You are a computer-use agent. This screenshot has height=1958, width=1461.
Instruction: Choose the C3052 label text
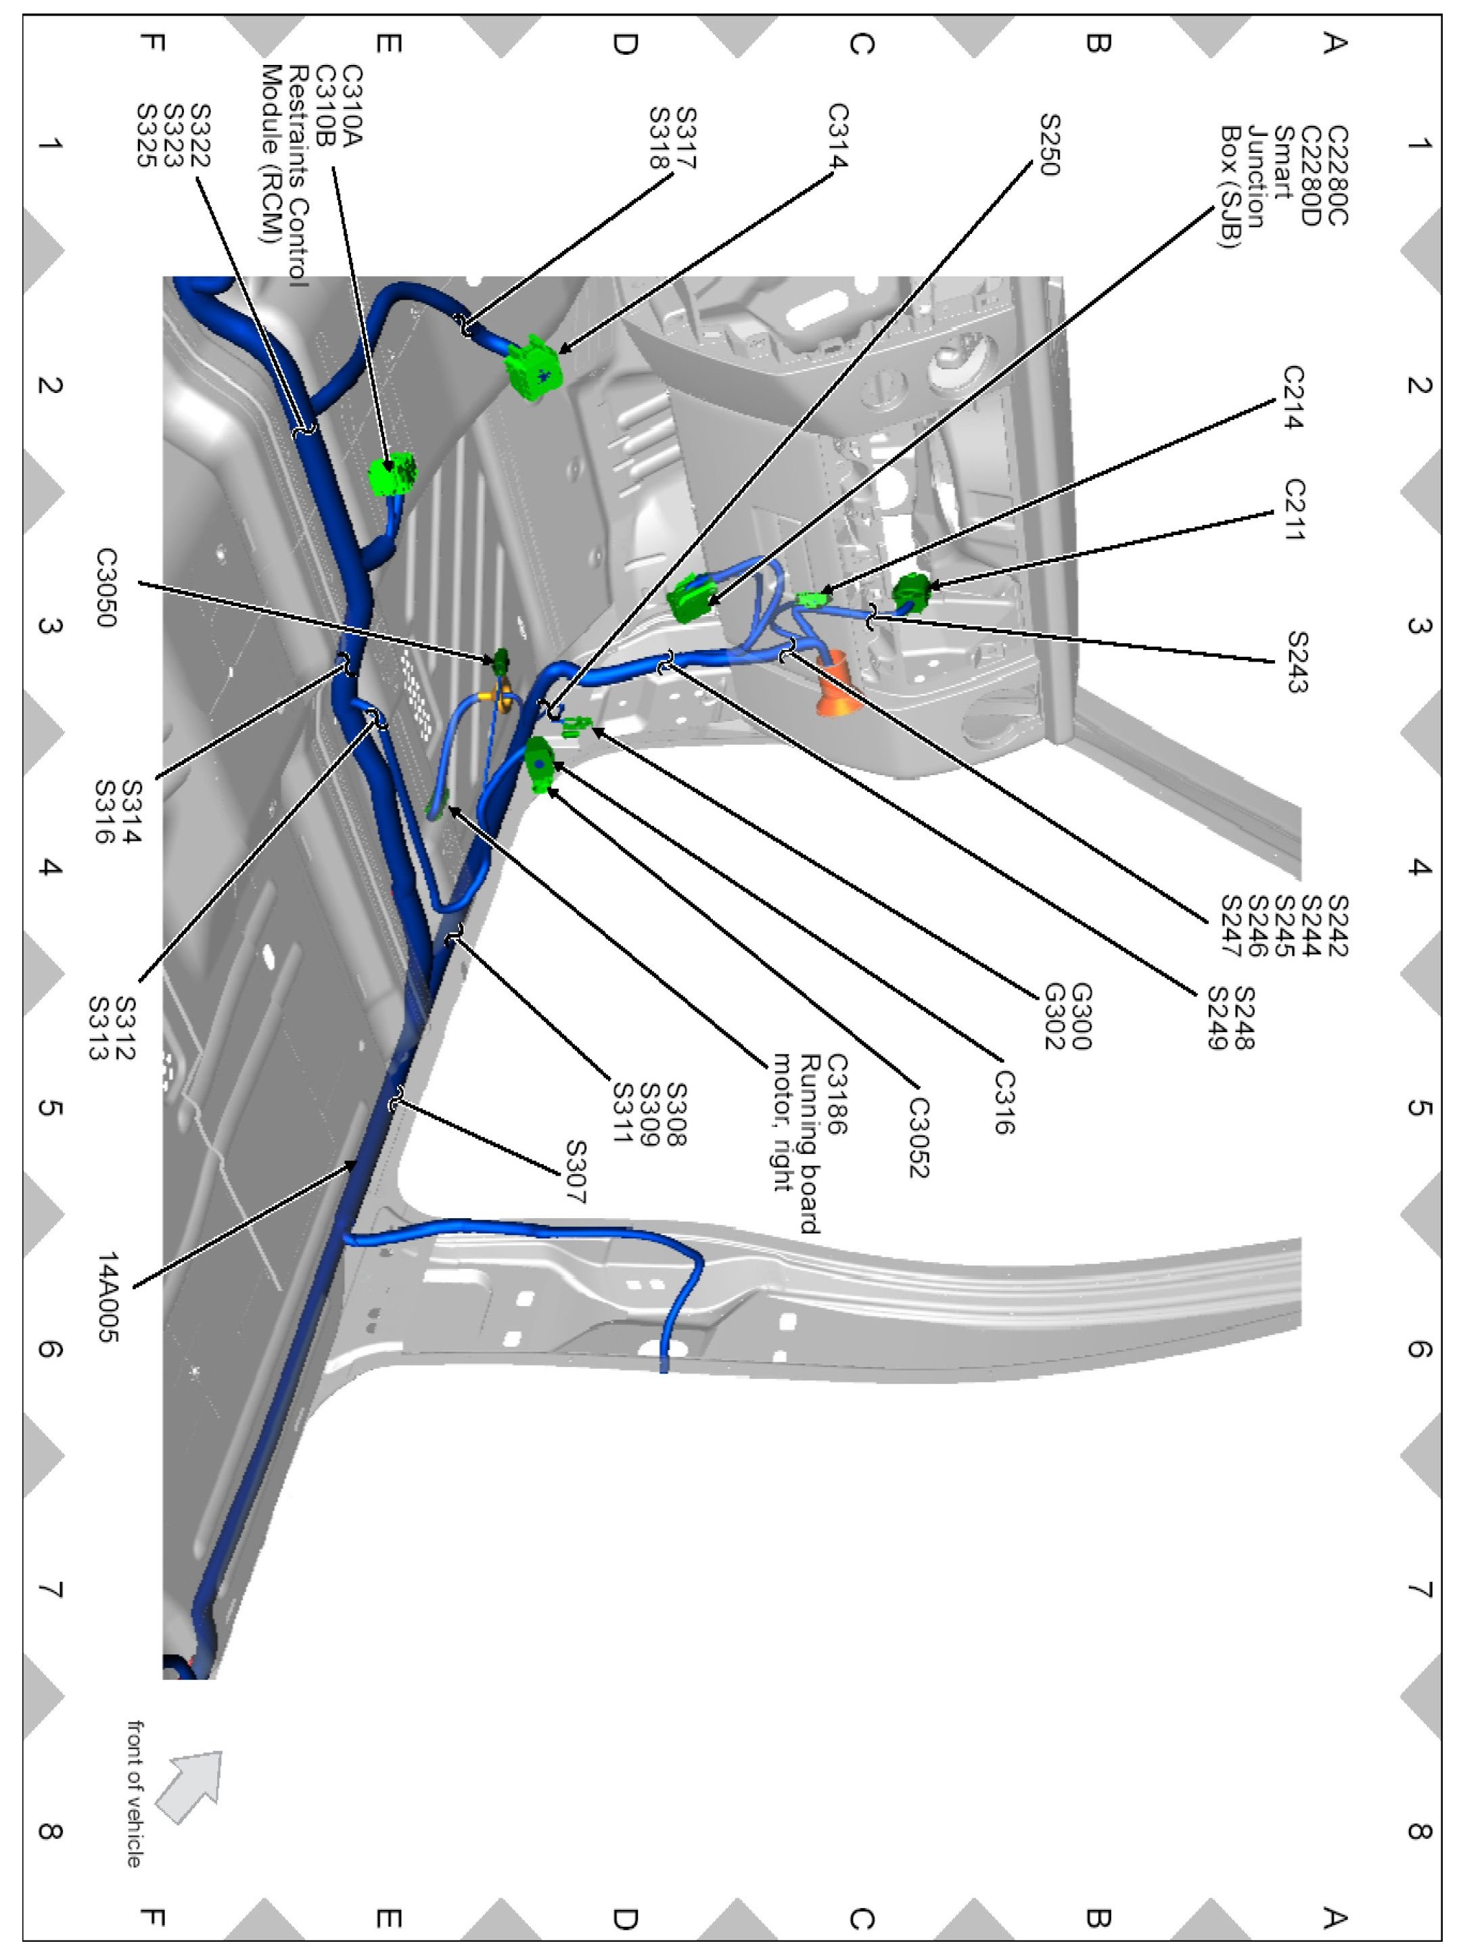[918, 1138]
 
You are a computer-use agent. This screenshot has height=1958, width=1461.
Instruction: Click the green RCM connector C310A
[393, 474]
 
